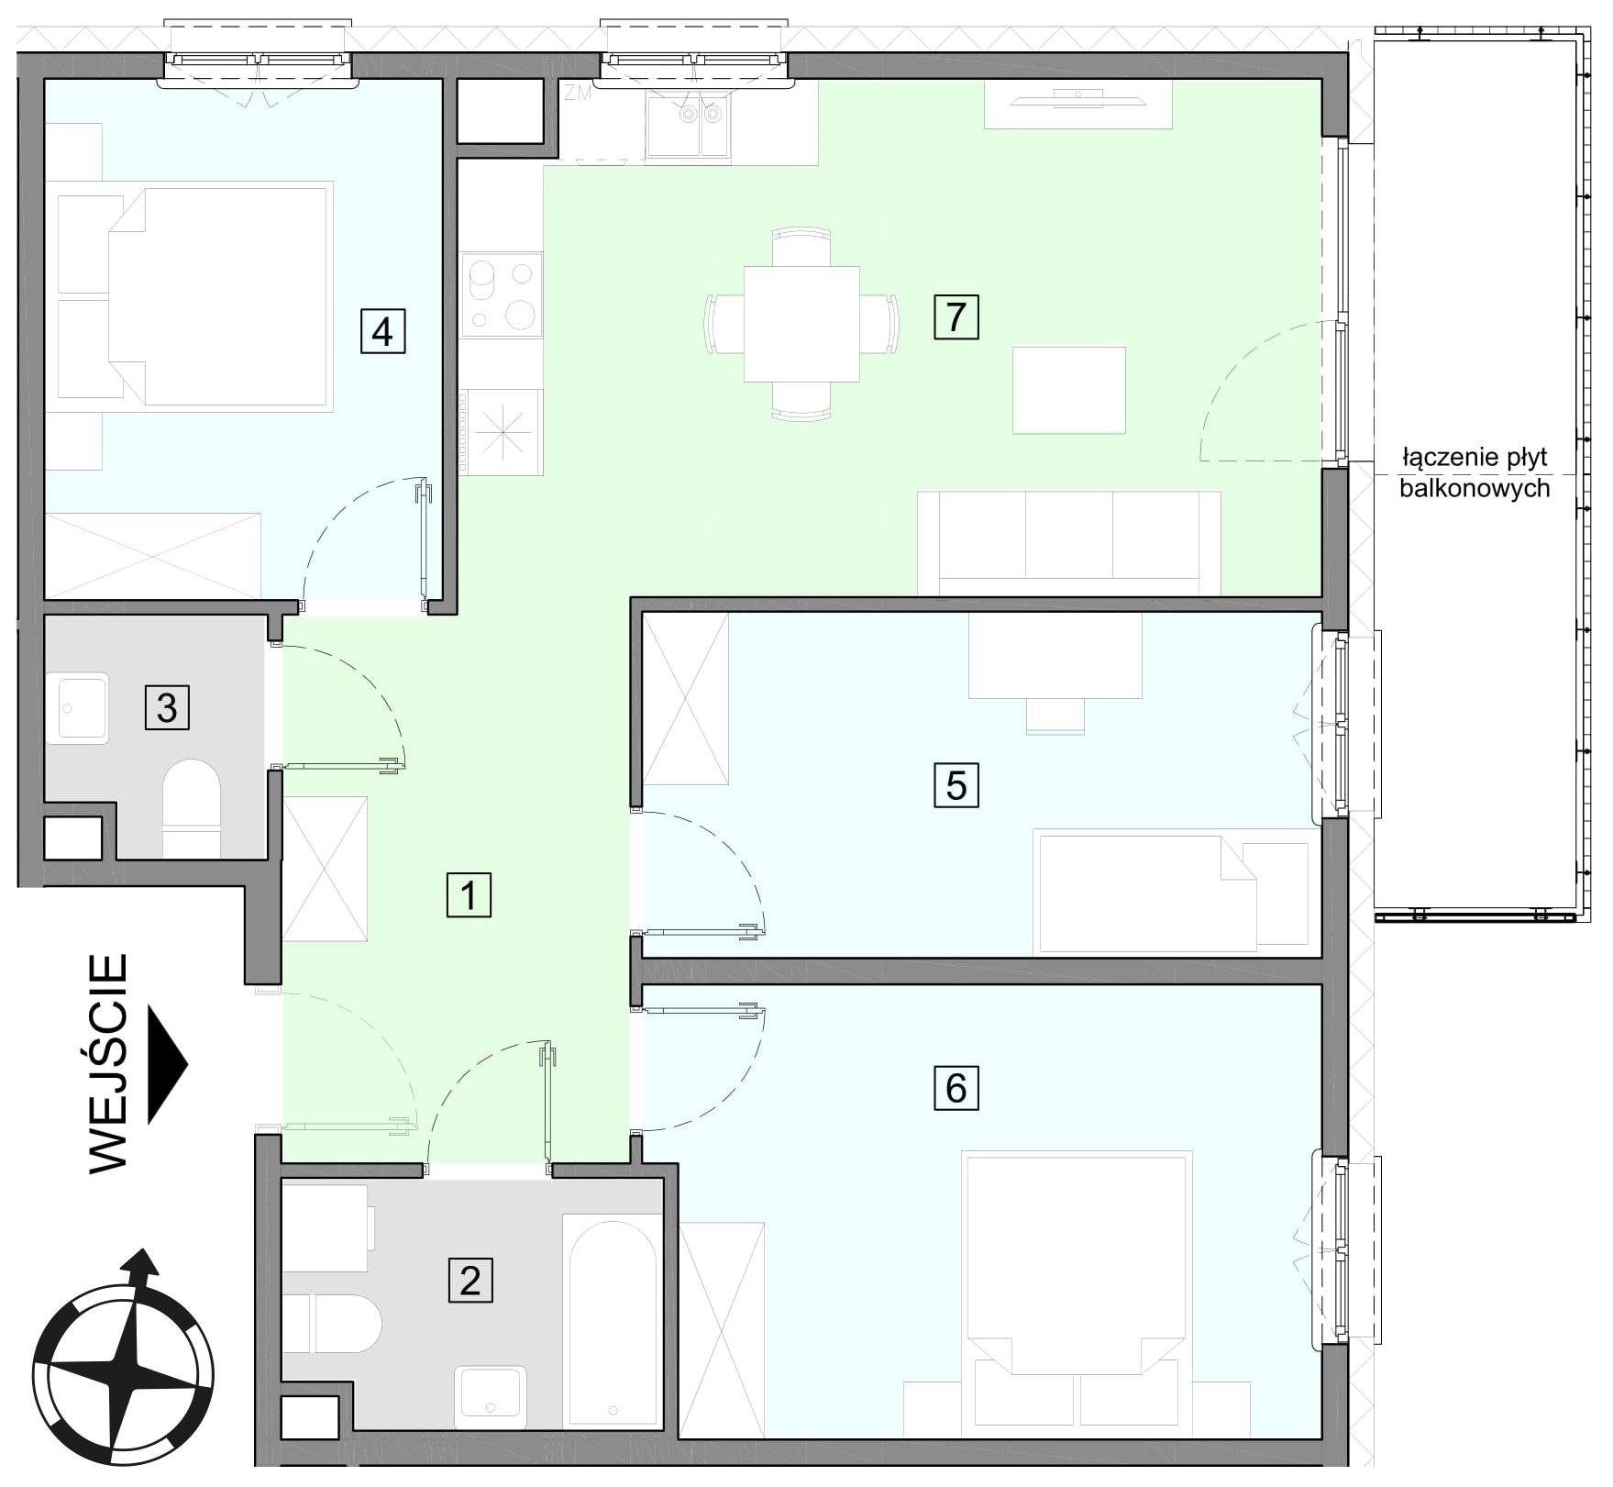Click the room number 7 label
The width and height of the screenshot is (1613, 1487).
(x=956, y=316)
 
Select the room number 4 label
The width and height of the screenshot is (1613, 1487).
(x=382, y=331)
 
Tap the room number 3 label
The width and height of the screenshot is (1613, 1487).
(x=167, y=707)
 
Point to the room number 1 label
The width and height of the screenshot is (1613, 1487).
(x=469, y=894)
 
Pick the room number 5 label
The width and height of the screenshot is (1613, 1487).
(x=956, y=785)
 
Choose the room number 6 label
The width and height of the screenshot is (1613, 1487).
(x=956, y=1088)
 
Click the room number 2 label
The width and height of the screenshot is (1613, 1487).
(x=470, y=1280)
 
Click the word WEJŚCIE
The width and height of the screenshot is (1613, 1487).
(x=108, y=1063)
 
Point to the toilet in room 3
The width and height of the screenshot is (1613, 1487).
(x=192, y=808)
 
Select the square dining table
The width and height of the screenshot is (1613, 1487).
(x=801, y=324)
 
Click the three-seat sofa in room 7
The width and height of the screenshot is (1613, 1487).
(x=1068, y=543)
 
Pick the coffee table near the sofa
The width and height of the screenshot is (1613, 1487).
(x=1069, y=390)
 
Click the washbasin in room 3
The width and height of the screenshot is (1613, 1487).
(x=78, y=708)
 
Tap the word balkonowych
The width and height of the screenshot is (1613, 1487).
(x=1475, y=488)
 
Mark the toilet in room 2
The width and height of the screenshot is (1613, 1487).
(x=332, y=1324)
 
